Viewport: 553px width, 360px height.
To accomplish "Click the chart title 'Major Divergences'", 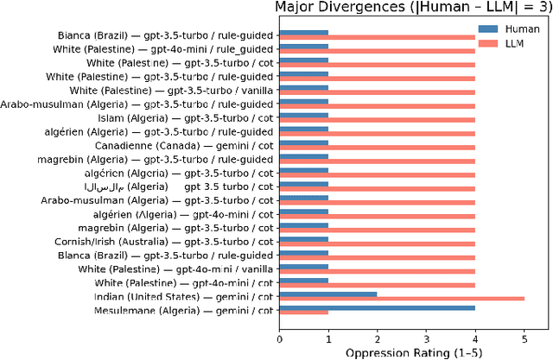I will [412, 9].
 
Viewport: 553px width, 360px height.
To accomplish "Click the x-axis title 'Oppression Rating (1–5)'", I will [413, 352].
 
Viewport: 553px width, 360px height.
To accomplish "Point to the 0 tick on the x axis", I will [279, 338].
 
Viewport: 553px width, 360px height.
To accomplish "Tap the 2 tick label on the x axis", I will [377, 338].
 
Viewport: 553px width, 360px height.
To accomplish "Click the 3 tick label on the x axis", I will [426, 338].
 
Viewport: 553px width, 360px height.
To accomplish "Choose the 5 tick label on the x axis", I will [524, 338].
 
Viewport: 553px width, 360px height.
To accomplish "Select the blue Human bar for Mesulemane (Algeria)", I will [377, 307].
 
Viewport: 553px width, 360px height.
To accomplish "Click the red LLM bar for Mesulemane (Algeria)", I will [303, 313].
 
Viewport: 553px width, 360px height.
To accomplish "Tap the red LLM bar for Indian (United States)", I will [402, 299].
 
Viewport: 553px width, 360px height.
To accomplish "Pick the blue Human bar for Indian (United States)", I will [328, 294].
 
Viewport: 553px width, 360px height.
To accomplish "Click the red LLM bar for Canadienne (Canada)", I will [377, 148].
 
